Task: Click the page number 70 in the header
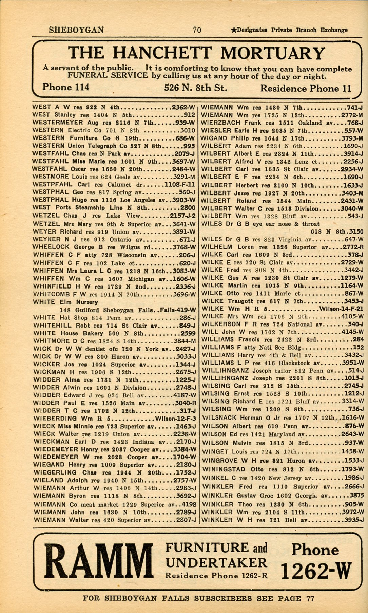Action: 197,30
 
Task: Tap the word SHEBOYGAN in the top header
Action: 76,30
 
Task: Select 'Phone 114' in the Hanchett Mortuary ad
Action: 66,87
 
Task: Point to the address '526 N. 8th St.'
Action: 196,88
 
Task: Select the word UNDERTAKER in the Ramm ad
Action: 216,562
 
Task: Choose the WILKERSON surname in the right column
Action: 220,324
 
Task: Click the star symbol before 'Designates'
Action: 234,30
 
